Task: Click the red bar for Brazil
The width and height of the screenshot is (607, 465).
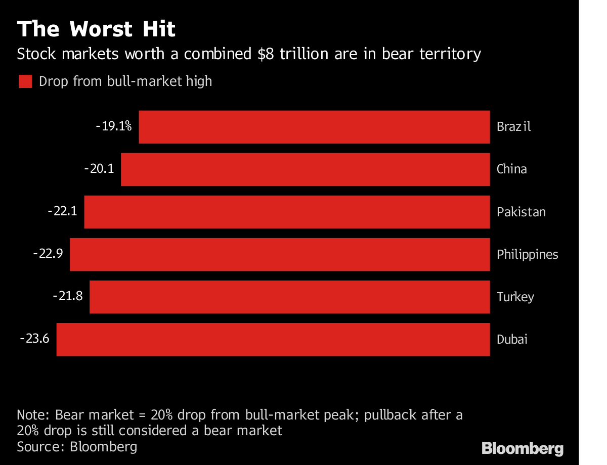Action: point(314,127)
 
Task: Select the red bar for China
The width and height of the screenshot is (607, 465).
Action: point(305,169)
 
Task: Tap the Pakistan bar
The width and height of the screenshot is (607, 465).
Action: point(287,212)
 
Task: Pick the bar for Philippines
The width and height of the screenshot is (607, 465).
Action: point(280,254)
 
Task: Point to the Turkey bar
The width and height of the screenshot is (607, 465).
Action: point(289,297)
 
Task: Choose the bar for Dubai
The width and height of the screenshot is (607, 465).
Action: point(273,339)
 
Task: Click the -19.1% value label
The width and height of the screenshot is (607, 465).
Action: point(114,126)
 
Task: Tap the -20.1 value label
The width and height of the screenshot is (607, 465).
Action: point(99,169)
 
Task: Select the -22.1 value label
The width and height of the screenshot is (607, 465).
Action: point(62,211)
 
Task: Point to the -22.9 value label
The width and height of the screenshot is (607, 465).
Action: point(48,254)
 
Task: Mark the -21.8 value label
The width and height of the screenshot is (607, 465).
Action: point(68,296)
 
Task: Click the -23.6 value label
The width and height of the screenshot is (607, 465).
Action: point(34,339)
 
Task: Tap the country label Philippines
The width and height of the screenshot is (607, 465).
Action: point(527,254)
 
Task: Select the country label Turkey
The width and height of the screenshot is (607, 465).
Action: point(515,297)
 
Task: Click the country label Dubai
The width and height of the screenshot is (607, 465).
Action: point(512,339)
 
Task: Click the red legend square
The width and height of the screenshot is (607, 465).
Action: point(25,81)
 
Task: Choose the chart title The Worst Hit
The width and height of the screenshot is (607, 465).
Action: point(96,30)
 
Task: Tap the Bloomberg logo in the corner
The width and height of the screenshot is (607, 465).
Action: point(522,448)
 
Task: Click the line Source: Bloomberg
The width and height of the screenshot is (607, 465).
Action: point(77,447)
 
